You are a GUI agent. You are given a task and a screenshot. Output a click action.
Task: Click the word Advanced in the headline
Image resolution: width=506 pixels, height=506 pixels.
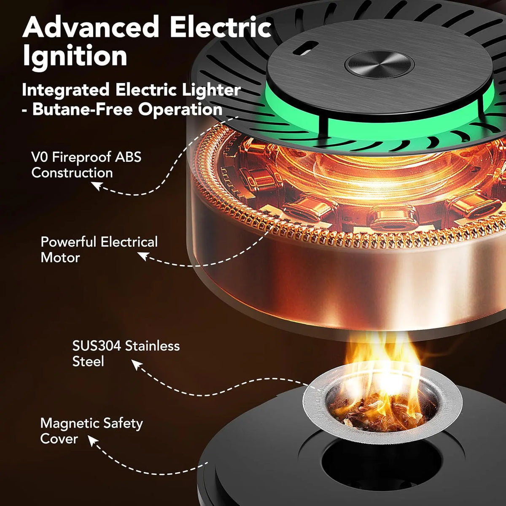coord(91,27)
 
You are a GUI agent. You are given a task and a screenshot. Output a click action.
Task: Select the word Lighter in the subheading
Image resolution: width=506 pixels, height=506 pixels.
coord(211,90)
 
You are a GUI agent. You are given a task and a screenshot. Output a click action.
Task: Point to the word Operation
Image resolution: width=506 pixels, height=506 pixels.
coord(180,110)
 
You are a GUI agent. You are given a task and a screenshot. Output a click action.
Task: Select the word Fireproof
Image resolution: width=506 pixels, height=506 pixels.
coord(83,158)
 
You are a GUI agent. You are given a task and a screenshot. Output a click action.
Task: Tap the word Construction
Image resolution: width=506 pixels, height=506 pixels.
coord(72,173)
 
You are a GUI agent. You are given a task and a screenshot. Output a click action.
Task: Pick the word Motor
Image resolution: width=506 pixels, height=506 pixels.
coord(60,258)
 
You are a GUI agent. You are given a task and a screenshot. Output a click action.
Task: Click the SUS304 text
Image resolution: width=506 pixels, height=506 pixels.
coord(97,346)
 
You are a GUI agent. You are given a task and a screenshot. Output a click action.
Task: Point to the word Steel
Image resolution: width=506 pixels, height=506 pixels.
coord(88,361)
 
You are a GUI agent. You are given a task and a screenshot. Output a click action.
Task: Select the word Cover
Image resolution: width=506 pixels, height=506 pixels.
coord(59,439)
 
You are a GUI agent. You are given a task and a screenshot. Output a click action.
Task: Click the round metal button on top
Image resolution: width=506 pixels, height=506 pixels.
coord(379,65)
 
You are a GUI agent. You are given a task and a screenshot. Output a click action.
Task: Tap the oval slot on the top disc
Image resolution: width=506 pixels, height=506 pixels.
coord(306,48)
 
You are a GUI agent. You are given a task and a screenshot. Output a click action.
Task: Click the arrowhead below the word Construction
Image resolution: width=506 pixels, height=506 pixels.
coord(96,186)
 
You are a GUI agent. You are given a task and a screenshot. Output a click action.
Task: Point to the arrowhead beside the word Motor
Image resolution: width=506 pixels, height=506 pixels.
coord(143,256)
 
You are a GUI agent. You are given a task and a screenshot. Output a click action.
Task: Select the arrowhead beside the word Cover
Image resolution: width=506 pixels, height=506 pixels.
coord(92,441)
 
